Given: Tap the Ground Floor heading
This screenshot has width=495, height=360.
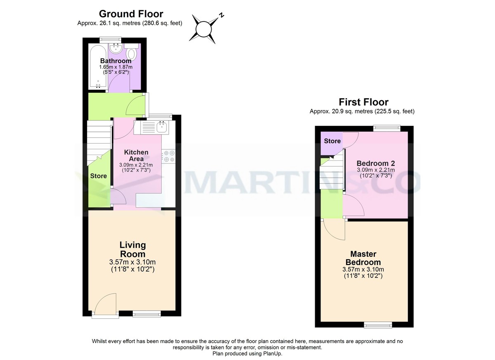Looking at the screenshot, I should click(x=131, y=14).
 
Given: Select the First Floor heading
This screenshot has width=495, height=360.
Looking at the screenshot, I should click(x=363, y=102).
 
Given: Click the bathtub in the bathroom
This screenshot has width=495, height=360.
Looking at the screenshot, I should click(x=98, y=66).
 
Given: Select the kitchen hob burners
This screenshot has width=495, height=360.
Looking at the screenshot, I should click(x=169, y=156).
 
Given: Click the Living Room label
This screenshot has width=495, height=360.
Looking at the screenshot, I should click(x=132, y=249).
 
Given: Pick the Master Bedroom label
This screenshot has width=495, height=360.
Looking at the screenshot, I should click(x=363, y=258).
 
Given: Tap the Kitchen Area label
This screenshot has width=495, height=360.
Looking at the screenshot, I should click(x=136, y=155).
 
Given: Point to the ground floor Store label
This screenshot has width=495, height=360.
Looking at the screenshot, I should click(x=99, y=176).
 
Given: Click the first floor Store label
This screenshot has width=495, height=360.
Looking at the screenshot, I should click(x=332, y=141).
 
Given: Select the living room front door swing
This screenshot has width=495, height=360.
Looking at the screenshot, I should click(x=105, y=305).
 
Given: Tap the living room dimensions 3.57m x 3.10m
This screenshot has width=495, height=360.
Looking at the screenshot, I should click(x=132, y=262).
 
